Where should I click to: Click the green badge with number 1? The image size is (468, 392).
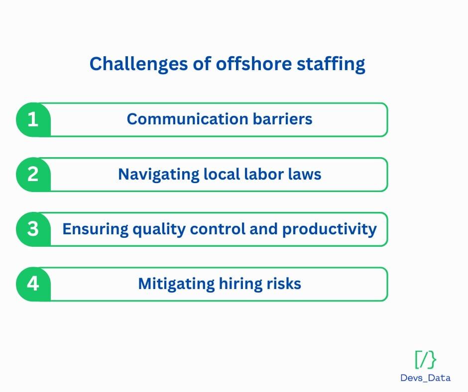click(33, 119)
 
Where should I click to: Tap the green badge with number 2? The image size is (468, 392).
click(33, 175)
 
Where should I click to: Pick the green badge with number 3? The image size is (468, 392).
click(33, 229)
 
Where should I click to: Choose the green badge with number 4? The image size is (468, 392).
click(33, 284)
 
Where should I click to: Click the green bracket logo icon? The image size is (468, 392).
click(425, 359)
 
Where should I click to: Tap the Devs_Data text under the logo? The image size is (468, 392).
click(425, 378)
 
